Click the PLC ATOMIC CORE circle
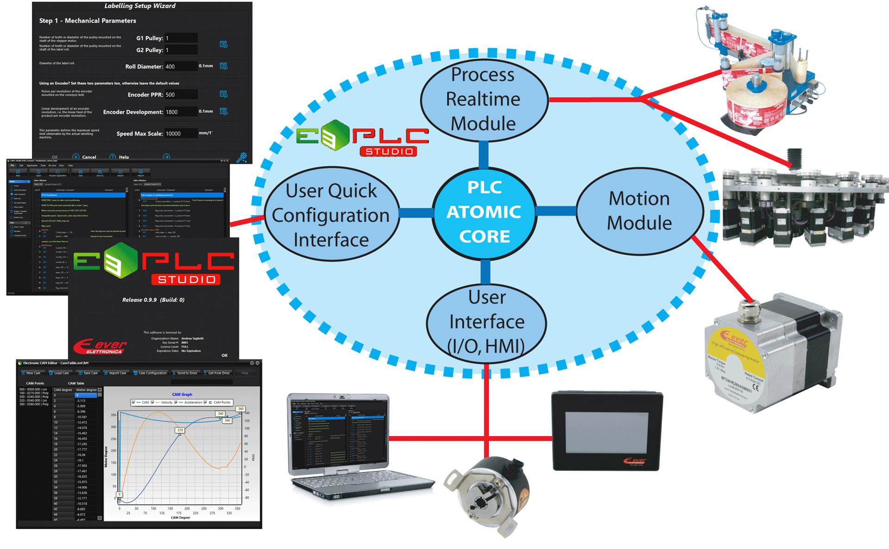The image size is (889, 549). point(484,212)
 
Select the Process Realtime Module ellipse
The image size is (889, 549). point(484,100)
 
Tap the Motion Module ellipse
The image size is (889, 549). point(639,211)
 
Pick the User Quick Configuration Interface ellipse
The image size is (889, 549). point(331,215)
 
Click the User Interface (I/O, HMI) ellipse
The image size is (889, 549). point(486,322)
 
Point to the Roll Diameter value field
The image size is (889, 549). point(181,66)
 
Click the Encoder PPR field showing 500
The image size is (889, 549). point(181,94)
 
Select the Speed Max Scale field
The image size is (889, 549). point(181,133)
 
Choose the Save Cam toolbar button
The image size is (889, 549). point(88,373)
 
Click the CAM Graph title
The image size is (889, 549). point(182,394)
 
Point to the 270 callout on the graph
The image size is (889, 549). point(180,430)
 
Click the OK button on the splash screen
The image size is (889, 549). point(225,355)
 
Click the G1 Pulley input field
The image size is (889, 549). point(181,38)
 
